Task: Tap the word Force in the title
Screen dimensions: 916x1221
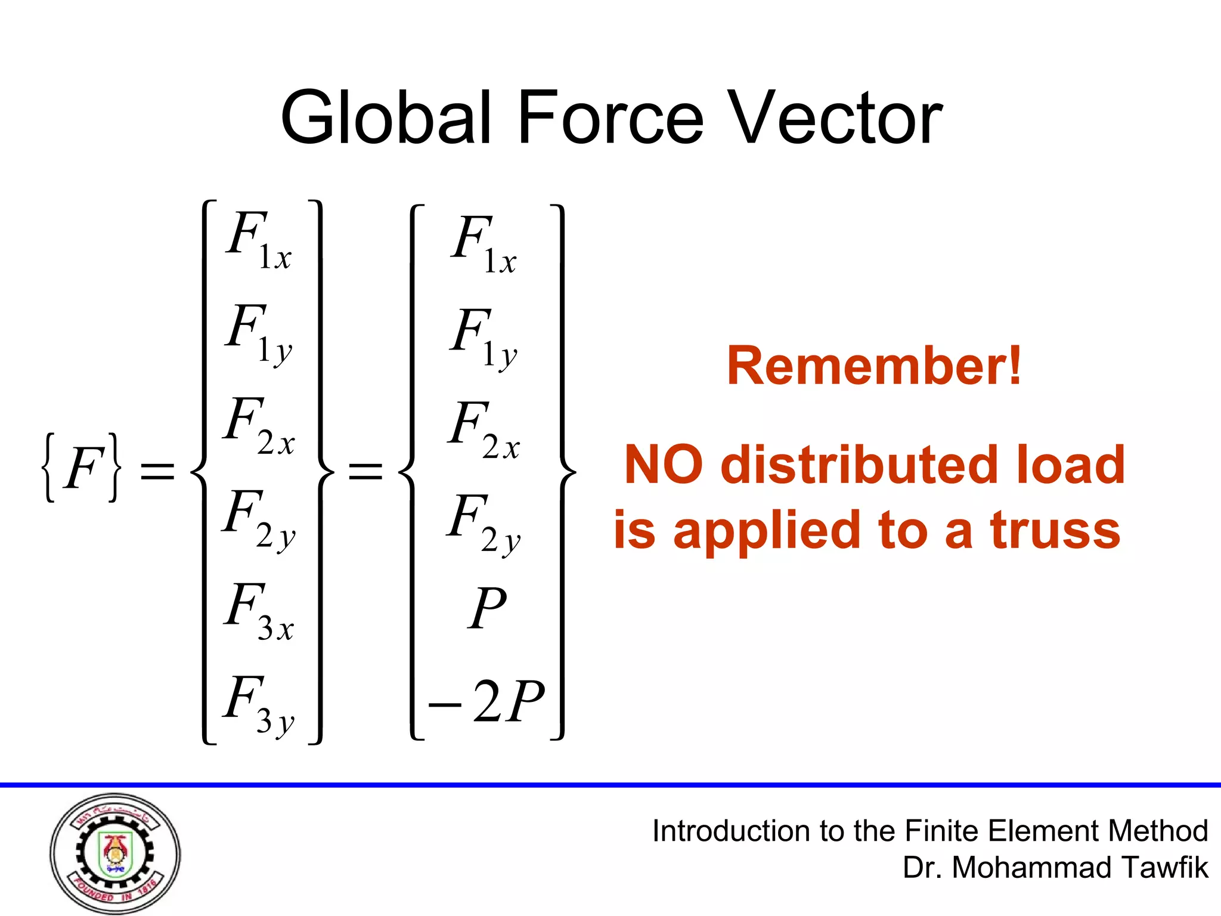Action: pos(610,117)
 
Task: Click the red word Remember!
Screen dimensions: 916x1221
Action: pos(874,366)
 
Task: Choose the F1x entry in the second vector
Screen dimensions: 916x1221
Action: pos(483,243)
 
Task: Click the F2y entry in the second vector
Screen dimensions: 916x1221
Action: pos(483,522)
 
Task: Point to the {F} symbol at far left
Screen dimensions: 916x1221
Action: pos(81,469)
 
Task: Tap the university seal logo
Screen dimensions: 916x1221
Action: pos(115,853)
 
